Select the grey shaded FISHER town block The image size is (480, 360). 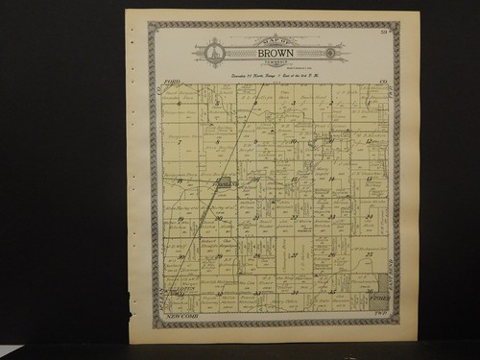[382, 283]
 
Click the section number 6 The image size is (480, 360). [180, 103]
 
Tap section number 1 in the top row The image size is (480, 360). [367, 103]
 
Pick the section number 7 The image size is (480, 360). [180, 141]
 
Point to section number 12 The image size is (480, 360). [369, 141]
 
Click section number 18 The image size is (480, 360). [180, 180]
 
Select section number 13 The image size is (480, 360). [369, 180]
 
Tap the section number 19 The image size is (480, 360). [180, 218]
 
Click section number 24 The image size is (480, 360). [369, 218]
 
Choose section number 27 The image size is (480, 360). [294, 256]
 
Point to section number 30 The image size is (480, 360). [180, 256]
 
